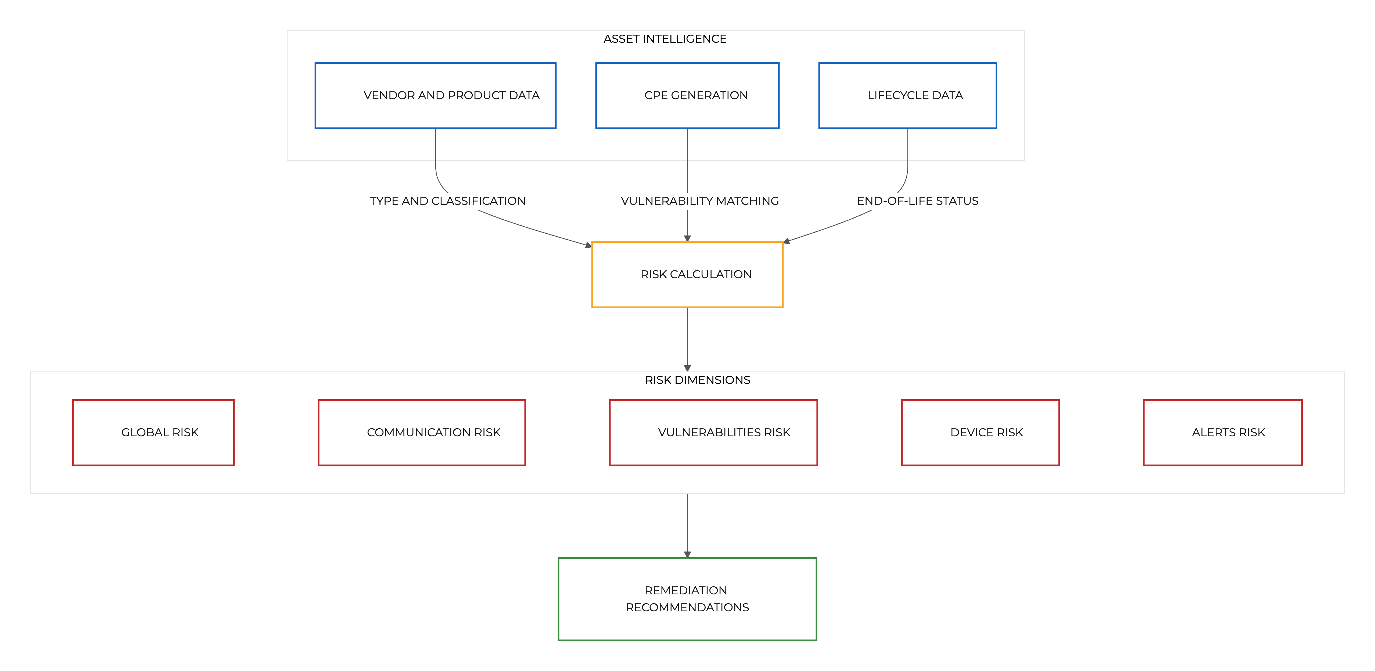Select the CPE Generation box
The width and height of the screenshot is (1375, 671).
(687, 95)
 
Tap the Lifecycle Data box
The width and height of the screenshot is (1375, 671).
(907, 95)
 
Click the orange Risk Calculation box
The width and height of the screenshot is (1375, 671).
(687, 274)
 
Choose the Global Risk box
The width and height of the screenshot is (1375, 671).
(153, 432)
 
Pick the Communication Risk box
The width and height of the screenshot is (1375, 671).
(422, 432)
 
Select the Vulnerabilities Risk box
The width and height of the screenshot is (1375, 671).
(713, 432)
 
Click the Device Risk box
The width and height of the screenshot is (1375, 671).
(980, 432)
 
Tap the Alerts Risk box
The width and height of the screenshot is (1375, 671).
(1222, 432)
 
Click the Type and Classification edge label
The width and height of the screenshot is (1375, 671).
(447, 201)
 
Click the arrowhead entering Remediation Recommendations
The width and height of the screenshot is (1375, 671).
(687, 555)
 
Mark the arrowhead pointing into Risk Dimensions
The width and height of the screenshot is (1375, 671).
(687, 368)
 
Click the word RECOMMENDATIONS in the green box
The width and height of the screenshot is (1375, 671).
(687, 608)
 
